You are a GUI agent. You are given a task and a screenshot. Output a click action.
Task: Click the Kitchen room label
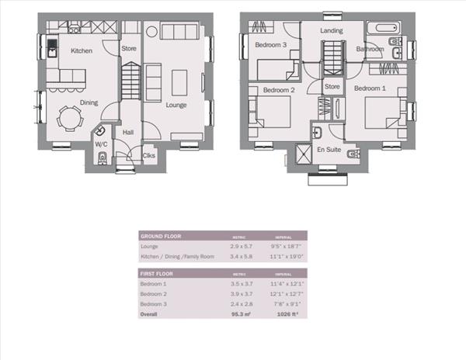[x=82, y=50]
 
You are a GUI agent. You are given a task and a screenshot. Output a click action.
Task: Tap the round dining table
[x=70, y=119]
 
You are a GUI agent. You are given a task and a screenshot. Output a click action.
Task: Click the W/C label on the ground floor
[x=101, y=144]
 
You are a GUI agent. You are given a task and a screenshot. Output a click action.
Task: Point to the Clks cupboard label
[x=148, y=155]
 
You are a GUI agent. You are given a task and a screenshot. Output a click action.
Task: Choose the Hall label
[x=128, y=133]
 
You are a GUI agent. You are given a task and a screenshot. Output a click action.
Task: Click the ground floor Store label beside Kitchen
[x=129, y=49]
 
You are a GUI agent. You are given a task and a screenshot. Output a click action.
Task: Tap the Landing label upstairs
[x=332, y=30]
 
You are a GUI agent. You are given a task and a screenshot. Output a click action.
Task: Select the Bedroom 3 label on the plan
[x=271, y=45]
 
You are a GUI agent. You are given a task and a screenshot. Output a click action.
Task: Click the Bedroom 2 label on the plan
[x=278, y=90]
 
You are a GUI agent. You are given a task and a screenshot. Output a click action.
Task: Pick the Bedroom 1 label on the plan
[x=370, y=88]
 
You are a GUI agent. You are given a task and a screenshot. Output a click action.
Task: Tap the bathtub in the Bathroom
[x=383, y=29]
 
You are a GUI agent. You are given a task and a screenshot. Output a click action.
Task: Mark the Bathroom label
[x=370, y=49]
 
